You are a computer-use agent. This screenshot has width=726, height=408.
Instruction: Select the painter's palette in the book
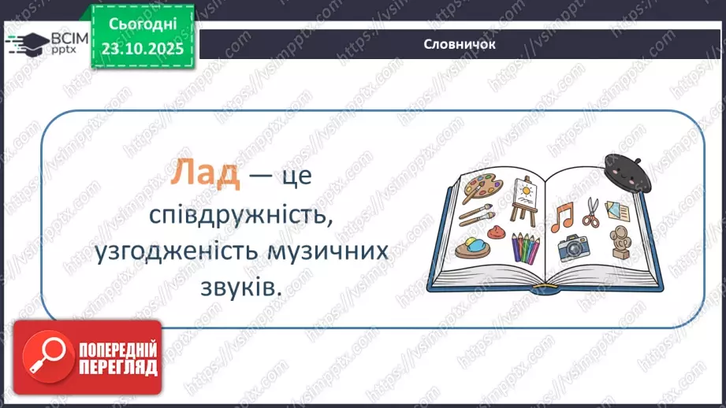[x=480, y=187]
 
